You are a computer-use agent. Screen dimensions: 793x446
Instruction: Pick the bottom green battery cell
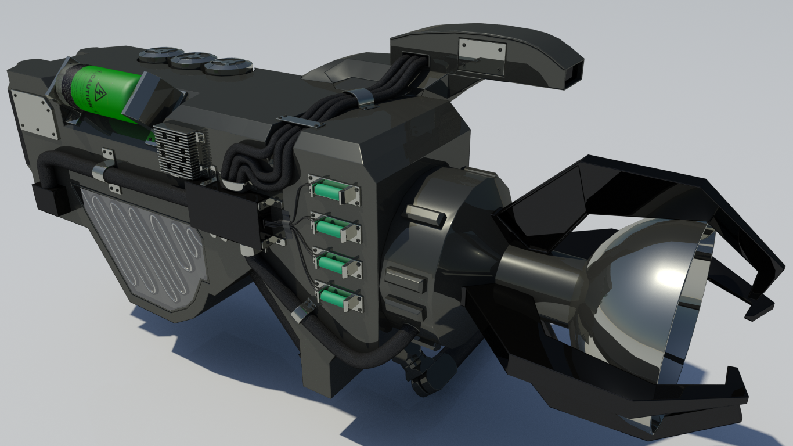click(x=333, y=296)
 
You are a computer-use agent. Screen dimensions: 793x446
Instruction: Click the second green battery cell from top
click(x=330, y=226)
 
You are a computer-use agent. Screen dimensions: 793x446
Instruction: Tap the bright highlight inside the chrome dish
click(x=668, y=276)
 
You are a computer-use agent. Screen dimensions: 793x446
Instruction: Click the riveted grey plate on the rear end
click(x=34, y=113)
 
